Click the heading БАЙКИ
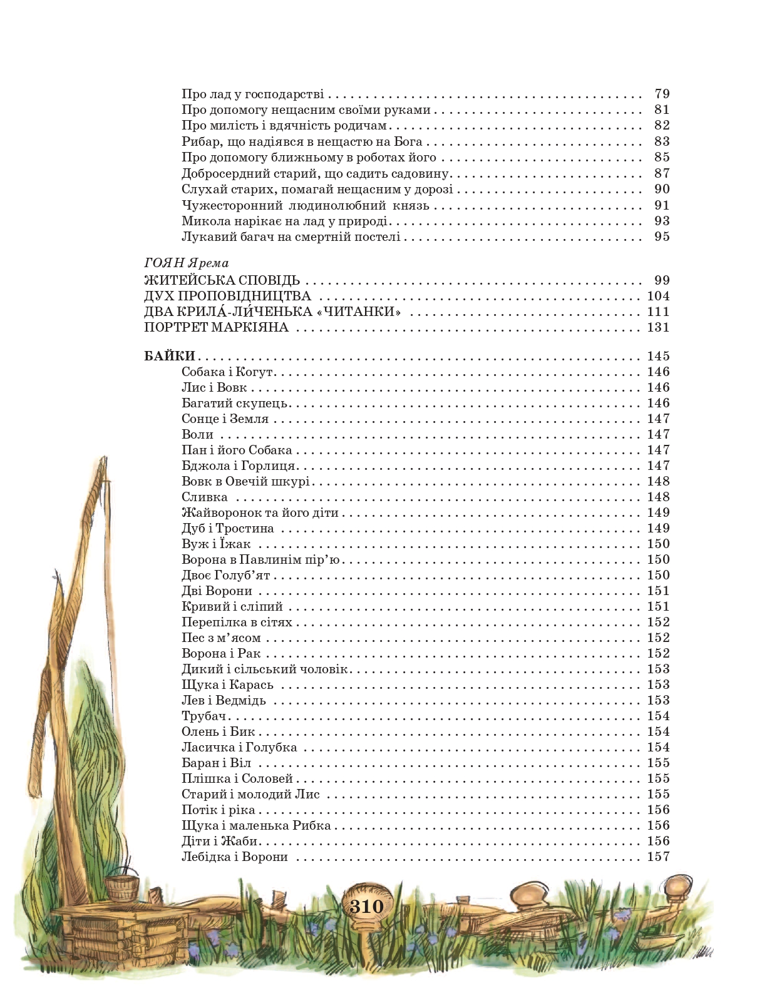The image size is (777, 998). tap(170, 356)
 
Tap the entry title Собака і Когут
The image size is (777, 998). tap(229, 372)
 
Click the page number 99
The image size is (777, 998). tap(661, 280)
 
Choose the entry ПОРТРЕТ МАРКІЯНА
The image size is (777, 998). tap(216, 327)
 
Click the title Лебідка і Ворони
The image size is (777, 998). tap(235, 857)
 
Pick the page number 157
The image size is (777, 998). tap(658, 857)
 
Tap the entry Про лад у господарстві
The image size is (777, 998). tap(252, 94)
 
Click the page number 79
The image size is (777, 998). tap(661, 94)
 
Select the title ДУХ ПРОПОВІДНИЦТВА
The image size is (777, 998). tap(228, 296)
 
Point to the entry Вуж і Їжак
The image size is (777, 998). tap(216, 544)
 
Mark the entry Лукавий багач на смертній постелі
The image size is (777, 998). tap(291, 237)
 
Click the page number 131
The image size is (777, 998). tap(658, 327)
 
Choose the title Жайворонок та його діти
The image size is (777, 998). tap(260, 512)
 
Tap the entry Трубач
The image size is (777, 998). tap(203, 716)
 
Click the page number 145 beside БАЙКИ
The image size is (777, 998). tap(658, 356)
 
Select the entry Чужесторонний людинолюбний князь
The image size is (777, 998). tap(305, 205)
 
